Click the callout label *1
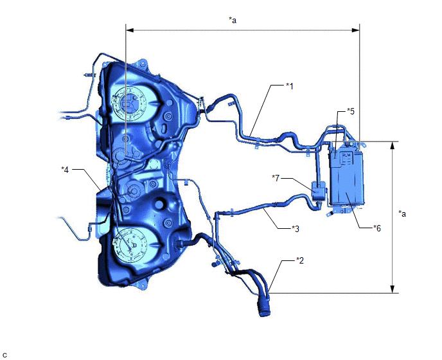(290, 86)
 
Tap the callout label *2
(300, 260)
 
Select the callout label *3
(296, 228)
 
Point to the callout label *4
(65, 170)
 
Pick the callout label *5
(350, 111)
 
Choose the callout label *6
(377, 228)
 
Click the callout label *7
(276, 178)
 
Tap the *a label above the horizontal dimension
(233, 20)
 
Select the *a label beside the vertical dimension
(402, 213)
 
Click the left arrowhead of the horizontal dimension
(129, 30)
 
